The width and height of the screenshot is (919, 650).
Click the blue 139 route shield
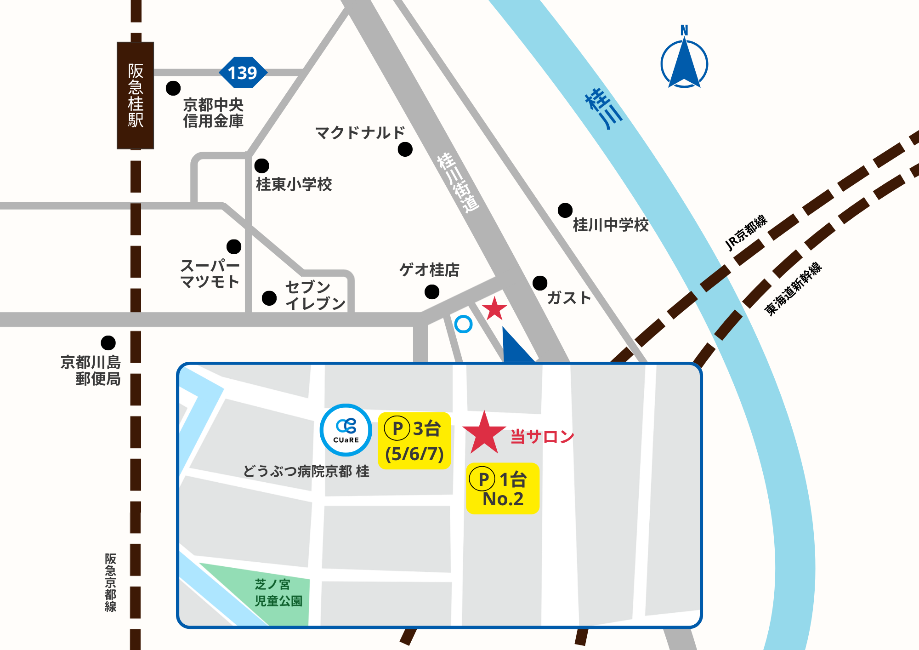243,73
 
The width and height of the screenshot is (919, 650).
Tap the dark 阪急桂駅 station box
135,96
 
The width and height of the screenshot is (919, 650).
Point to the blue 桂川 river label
604,109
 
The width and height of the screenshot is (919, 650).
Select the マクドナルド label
360,133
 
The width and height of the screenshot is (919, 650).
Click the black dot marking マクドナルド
405,149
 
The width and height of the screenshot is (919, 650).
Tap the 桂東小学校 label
294,184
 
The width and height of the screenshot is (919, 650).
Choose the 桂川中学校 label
611,225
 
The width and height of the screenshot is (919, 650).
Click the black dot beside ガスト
540,283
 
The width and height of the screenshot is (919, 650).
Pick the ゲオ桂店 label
429,270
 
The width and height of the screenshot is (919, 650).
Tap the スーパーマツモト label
210,274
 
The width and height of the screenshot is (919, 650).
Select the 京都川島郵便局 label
91,371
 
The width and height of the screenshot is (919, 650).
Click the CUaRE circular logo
346,430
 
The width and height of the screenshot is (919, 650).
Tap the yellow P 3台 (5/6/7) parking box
414,441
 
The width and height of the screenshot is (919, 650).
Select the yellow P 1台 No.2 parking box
502,489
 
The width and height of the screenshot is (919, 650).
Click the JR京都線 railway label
746,233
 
